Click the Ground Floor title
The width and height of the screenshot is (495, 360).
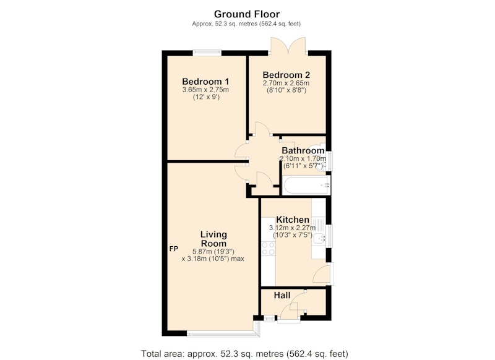246,14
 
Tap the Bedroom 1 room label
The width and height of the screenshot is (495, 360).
205,82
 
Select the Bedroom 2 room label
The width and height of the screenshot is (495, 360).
286,75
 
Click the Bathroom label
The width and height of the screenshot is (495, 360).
303,150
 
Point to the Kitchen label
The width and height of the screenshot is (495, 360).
293,220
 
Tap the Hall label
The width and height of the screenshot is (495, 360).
282,295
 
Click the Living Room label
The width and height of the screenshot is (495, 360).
213,239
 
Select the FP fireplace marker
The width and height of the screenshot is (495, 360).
174,249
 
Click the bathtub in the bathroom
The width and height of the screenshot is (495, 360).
306,186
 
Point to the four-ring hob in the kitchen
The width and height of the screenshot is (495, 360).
269,248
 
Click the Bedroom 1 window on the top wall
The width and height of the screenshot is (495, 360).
207,53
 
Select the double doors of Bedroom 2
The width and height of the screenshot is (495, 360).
288,46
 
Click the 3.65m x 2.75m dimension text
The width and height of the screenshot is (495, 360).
205,90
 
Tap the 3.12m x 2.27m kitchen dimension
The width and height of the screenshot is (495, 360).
292,228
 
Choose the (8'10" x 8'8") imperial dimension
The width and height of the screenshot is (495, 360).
286,90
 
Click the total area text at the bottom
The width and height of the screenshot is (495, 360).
244,354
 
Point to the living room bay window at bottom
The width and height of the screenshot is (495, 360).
223,333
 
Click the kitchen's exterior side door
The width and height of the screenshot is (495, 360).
322,273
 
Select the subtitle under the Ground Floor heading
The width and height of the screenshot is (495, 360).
246,24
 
